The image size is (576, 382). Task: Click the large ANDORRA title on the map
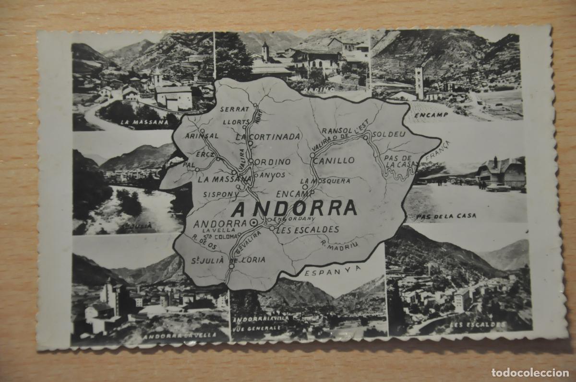point(294,208)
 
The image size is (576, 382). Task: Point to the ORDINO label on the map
point(272,162)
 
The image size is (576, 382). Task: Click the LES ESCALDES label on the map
point(308,229)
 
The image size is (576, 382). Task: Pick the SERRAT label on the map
point(235,109)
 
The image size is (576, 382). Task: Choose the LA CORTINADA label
point(268,136)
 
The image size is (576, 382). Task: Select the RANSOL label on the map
point(337,130)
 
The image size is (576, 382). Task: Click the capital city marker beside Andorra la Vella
point(252,223)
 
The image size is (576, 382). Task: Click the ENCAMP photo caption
point(432,115)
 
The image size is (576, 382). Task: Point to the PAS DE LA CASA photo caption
point(446,216)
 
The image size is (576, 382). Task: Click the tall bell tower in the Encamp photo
point(419,81)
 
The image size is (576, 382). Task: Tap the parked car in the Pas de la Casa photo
point(498,187)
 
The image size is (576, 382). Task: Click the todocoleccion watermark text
point(530,372)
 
